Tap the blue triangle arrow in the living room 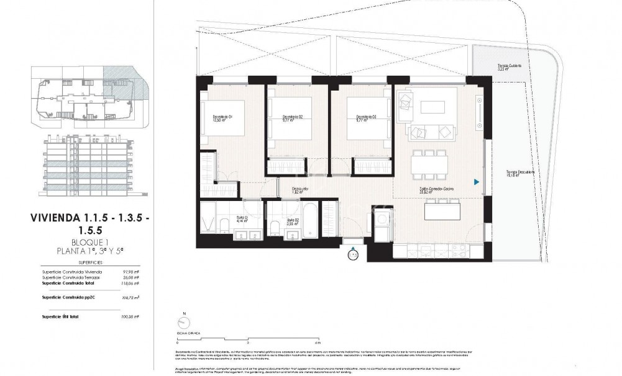tap(477, 182)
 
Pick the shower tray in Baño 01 tap(208, 218)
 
